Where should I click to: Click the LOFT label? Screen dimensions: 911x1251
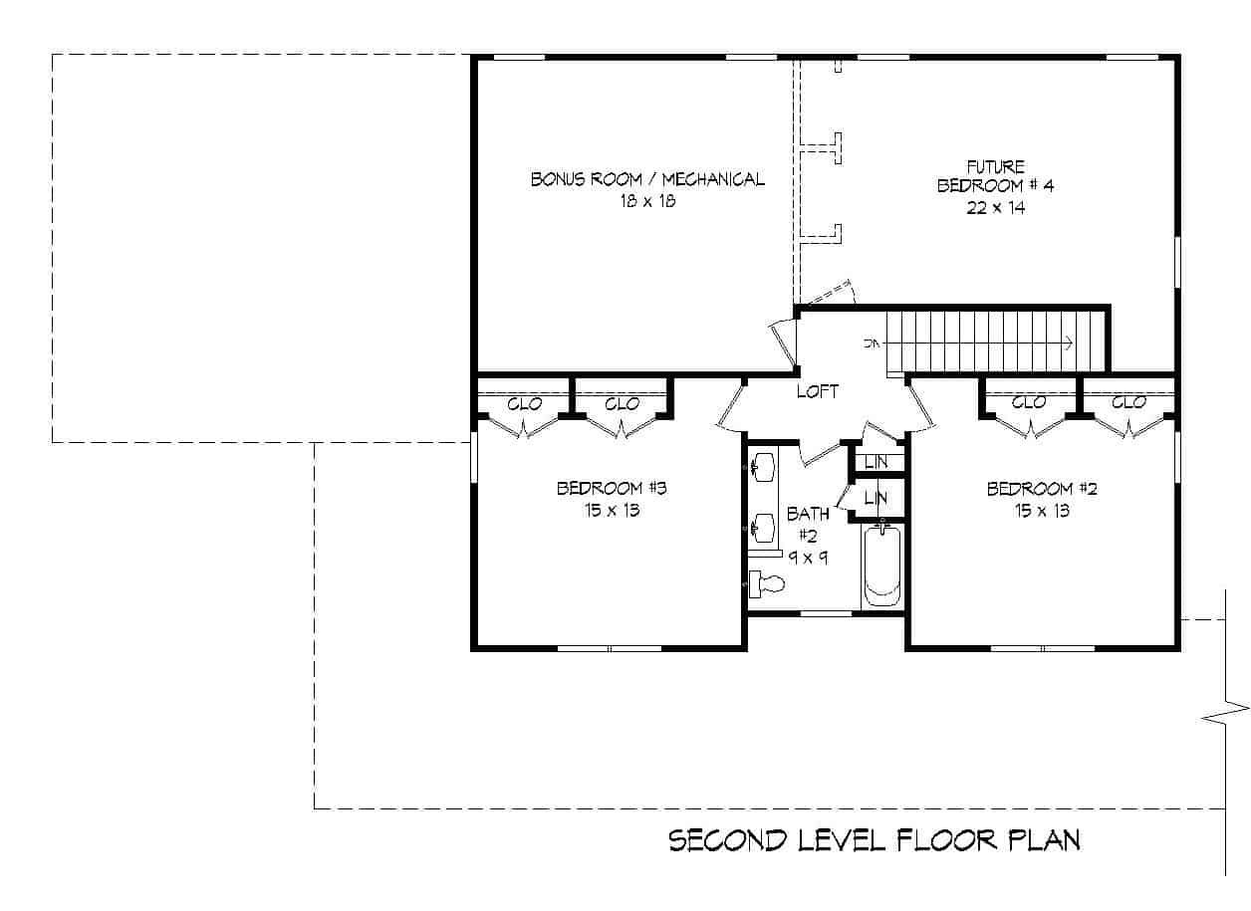click(817, 392)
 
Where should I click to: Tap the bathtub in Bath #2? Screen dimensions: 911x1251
click(881, 565)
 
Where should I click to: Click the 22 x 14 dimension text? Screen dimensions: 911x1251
click(995, 208)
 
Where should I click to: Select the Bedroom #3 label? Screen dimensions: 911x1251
click(611, 488)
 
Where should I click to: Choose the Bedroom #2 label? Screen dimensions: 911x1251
click(1042, 488)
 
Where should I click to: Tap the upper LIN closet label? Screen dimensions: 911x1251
click(876, 462)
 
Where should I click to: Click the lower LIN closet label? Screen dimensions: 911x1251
click(876, 498)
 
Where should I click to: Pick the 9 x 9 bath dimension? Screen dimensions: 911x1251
click(808, 558)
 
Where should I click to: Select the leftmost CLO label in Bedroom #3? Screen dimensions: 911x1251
click(524, 403)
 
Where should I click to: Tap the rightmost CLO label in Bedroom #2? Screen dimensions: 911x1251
click(1128, 402)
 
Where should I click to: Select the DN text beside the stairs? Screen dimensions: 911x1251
click(874, 343)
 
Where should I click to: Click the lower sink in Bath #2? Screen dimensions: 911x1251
click(764, 524)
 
